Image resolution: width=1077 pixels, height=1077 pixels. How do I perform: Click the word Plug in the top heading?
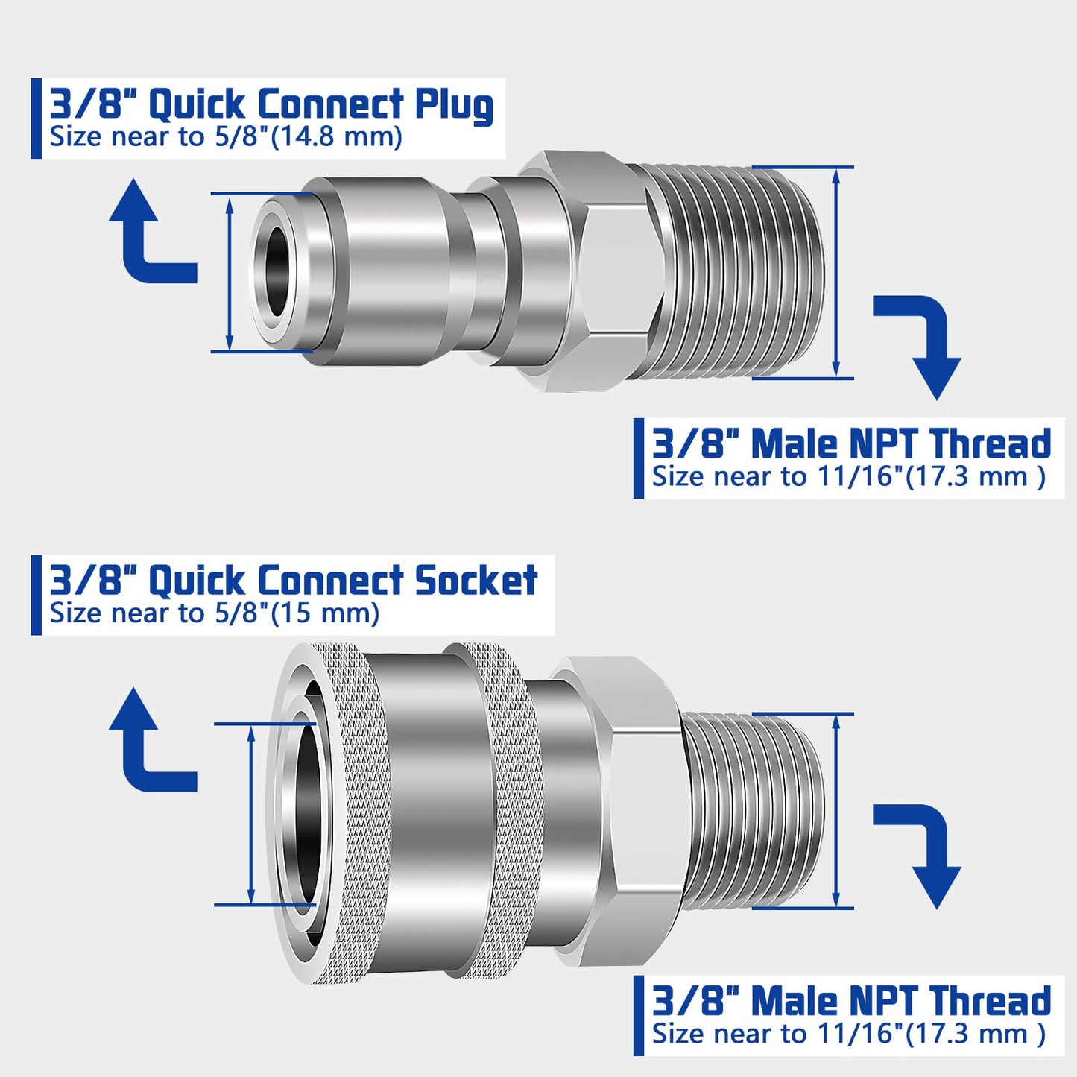tap(454, 105)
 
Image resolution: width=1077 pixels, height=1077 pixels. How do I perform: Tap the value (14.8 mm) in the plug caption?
tap(336, 137)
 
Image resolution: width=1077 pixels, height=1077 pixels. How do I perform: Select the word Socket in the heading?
tap(476, 581)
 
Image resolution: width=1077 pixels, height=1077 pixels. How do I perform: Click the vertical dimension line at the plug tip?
tap(230, 272)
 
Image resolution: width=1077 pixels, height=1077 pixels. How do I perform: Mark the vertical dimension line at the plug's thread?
tap(836, 272)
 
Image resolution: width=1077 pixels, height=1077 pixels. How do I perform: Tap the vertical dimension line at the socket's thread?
tap(836, 811)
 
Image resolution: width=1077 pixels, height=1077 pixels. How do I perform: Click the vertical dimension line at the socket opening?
tap(251, 814)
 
